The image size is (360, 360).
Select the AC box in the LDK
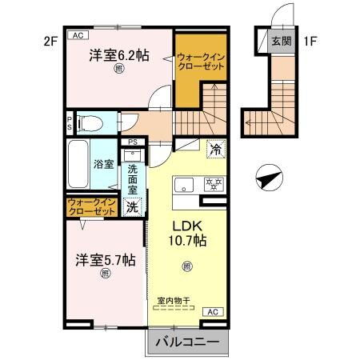(x=213, y=311)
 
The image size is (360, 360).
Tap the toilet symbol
(x=90, y=123)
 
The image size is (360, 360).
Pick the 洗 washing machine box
(x=133, y=206)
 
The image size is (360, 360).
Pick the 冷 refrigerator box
(x=214, y=148)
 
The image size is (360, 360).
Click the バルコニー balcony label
(x=186, y=342)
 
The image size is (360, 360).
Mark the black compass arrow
(x=268, y=179)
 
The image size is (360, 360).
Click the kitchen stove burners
(x=214, y=182)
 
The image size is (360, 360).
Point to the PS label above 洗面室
(x=133, y=145)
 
